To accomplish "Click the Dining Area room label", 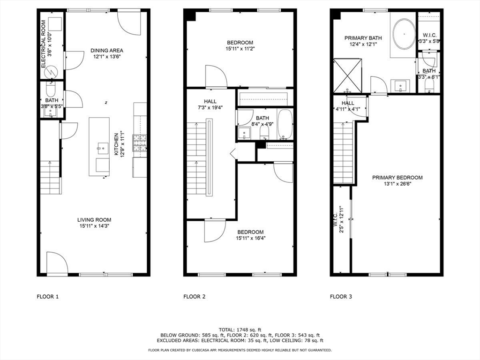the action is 107,53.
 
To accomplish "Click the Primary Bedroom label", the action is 397,180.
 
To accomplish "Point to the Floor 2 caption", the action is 194,296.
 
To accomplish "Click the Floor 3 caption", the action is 341,296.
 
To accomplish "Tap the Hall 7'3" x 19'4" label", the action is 210,105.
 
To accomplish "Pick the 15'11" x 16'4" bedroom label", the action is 250,235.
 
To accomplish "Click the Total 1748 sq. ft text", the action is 240,330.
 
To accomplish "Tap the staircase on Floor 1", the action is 50,177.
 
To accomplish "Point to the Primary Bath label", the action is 363,41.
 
